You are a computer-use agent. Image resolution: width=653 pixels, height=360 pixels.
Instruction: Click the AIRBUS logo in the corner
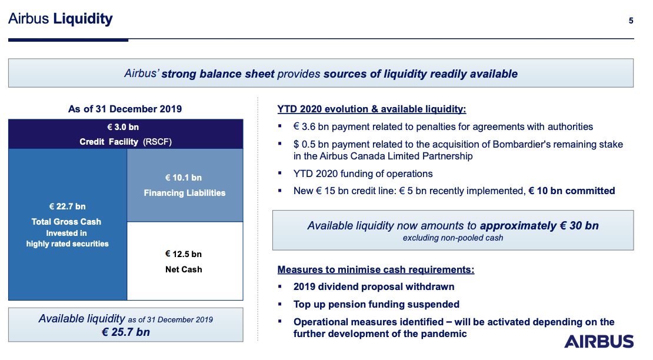click(x=599, y=342)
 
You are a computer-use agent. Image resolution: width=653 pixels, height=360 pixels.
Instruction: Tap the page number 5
click(x=631, y=21)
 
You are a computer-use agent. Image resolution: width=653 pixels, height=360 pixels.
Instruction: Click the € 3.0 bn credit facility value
click(x=123, y=127)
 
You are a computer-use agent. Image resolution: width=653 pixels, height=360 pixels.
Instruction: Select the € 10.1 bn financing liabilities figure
click(x=183, y=178)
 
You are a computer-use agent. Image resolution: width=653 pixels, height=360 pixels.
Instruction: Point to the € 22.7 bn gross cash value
click(x=67, y=206)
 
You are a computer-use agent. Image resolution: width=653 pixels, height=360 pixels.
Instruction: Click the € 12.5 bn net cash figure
click(x=183, y=254)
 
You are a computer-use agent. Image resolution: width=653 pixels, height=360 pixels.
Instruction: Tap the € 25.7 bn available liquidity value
click(x=126, y=332)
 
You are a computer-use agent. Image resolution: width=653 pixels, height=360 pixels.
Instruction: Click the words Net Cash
click(x=184, y=269)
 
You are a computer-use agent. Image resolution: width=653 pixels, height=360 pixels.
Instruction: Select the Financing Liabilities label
click(x=185, y=193)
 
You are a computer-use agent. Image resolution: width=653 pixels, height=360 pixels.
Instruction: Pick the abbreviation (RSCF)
click(x=158, y=142)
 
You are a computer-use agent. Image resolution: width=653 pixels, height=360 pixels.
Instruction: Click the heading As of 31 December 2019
click(x=125, y=109)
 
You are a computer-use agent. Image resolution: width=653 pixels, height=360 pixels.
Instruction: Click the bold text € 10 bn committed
click(x=572, y=191)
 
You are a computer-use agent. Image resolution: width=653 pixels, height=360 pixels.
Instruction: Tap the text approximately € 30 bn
click(x=539, y=225)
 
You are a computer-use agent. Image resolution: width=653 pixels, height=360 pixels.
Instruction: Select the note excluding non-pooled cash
click(x=452, y=238)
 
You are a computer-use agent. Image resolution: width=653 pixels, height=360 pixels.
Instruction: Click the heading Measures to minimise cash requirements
click(x=376, y=269)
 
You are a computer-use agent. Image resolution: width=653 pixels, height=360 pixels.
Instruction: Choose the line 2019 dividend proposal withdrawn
click(x=374, y=286)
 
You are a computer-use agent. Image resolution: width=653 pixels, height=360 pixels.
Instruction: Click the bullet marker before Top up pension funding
click(x=280, y=304)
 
